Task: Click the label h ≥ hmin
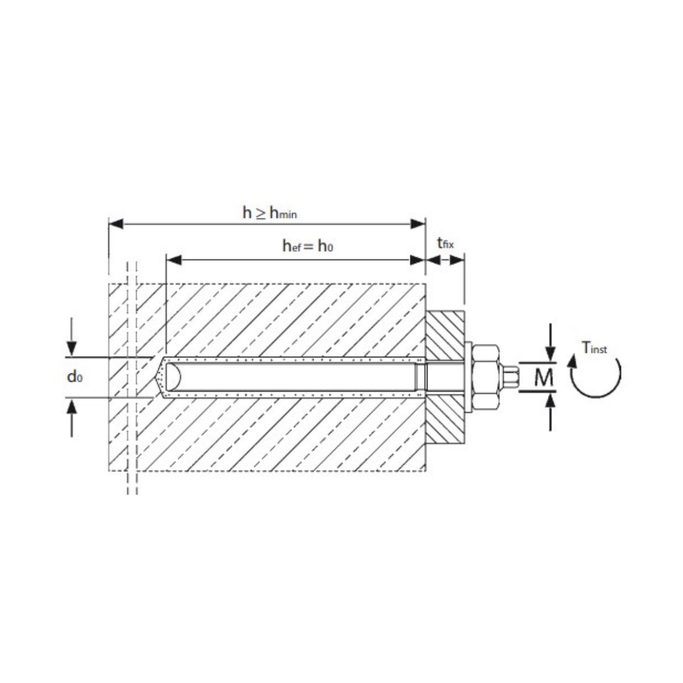coord(270,213)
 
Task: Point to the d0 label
coord(75,377)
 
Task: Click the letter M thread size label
coord(545,377)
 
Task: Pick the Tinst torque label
coord(594,348)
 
